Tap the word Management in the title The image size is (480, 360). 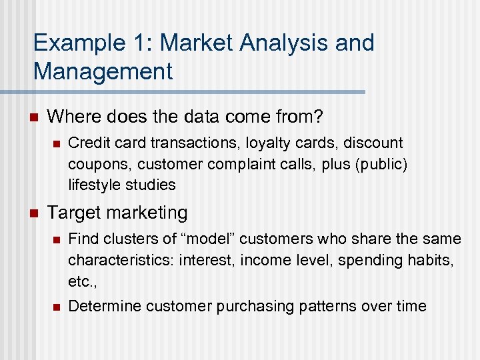click(x=103, y=70)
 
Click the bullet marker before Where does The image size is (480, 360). click(x=35, y=118)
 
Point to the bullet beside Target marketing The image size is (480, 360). click(x=35, y=213)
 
